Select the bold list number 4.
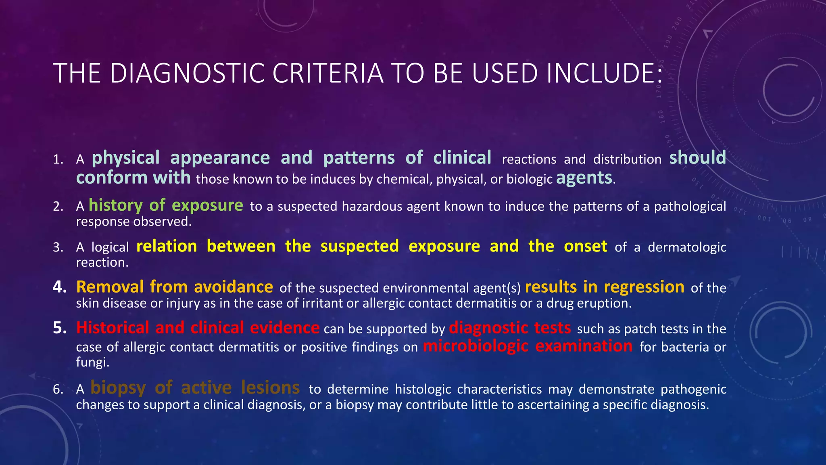59,287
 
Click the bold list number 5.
59,328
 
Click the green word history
115,205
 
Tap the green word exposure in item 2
207,205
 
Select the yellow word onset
585,246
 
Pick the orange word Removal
110,287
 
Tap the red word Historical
113,328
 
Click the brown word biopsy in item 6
118,388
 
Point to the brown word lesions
270,388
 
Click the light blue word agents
584,178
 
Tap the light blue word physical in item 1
125,158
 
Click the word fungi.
92,362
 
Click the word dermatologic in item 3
687,247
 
